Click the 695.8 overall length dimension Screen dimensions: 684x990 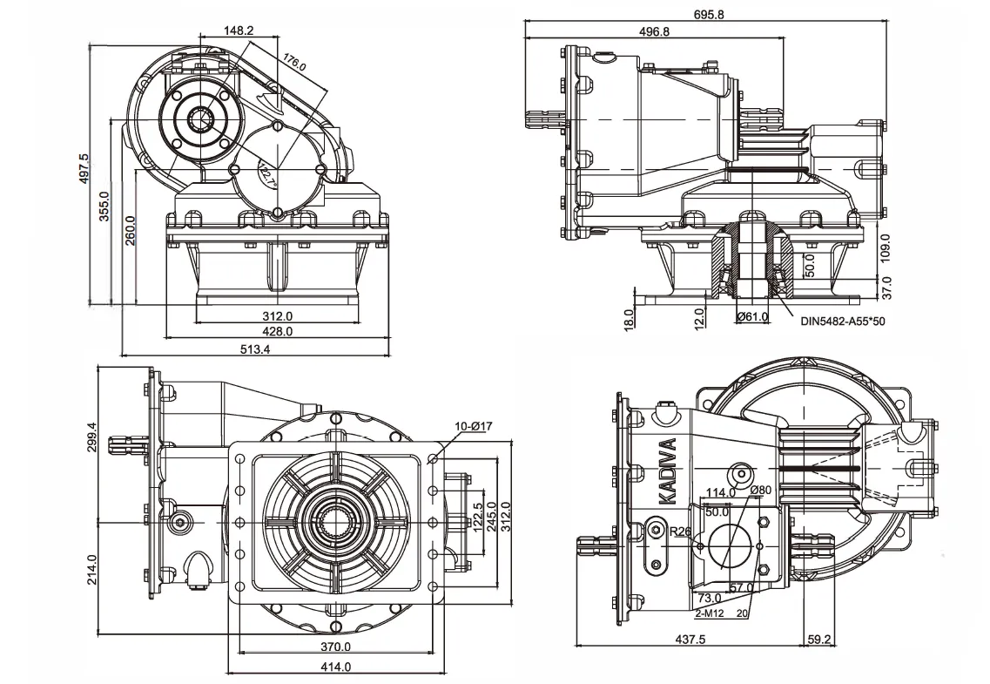pyautogui.click(x=710, y=13)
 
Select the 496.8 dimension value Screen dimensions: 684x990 pyautogui.click(x=654, y=31)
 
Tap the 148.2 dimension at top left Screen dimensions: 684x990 pyautogui.click(x=238, y=30)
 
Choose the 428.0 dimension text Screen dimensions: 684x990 pyautogui.click(x=278, y=331)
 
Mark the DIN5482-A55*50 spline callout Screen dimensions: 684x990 pyautogui.click(x=843, y=321)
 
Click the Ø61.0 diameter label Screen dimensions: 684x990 pyautogui.click(x=752, y=316)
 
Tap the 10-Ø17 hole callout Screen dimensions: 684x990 pyautogui.click(x=474, y=426)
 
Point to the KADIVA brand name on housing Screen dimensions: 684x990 pyautogui.click(x=667, y=470)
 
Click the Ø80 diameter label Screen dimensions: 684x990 pyautogui.click(x=759, y=490)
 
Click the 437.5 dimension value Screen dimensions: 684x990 pyautogui.click(x=689, y=639)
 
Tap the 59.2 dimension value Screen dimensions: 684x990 pyautogui.click(x=820, y=639)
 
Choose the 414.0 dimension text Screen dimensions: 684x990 pyautogui.click(x=335, y=667)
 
